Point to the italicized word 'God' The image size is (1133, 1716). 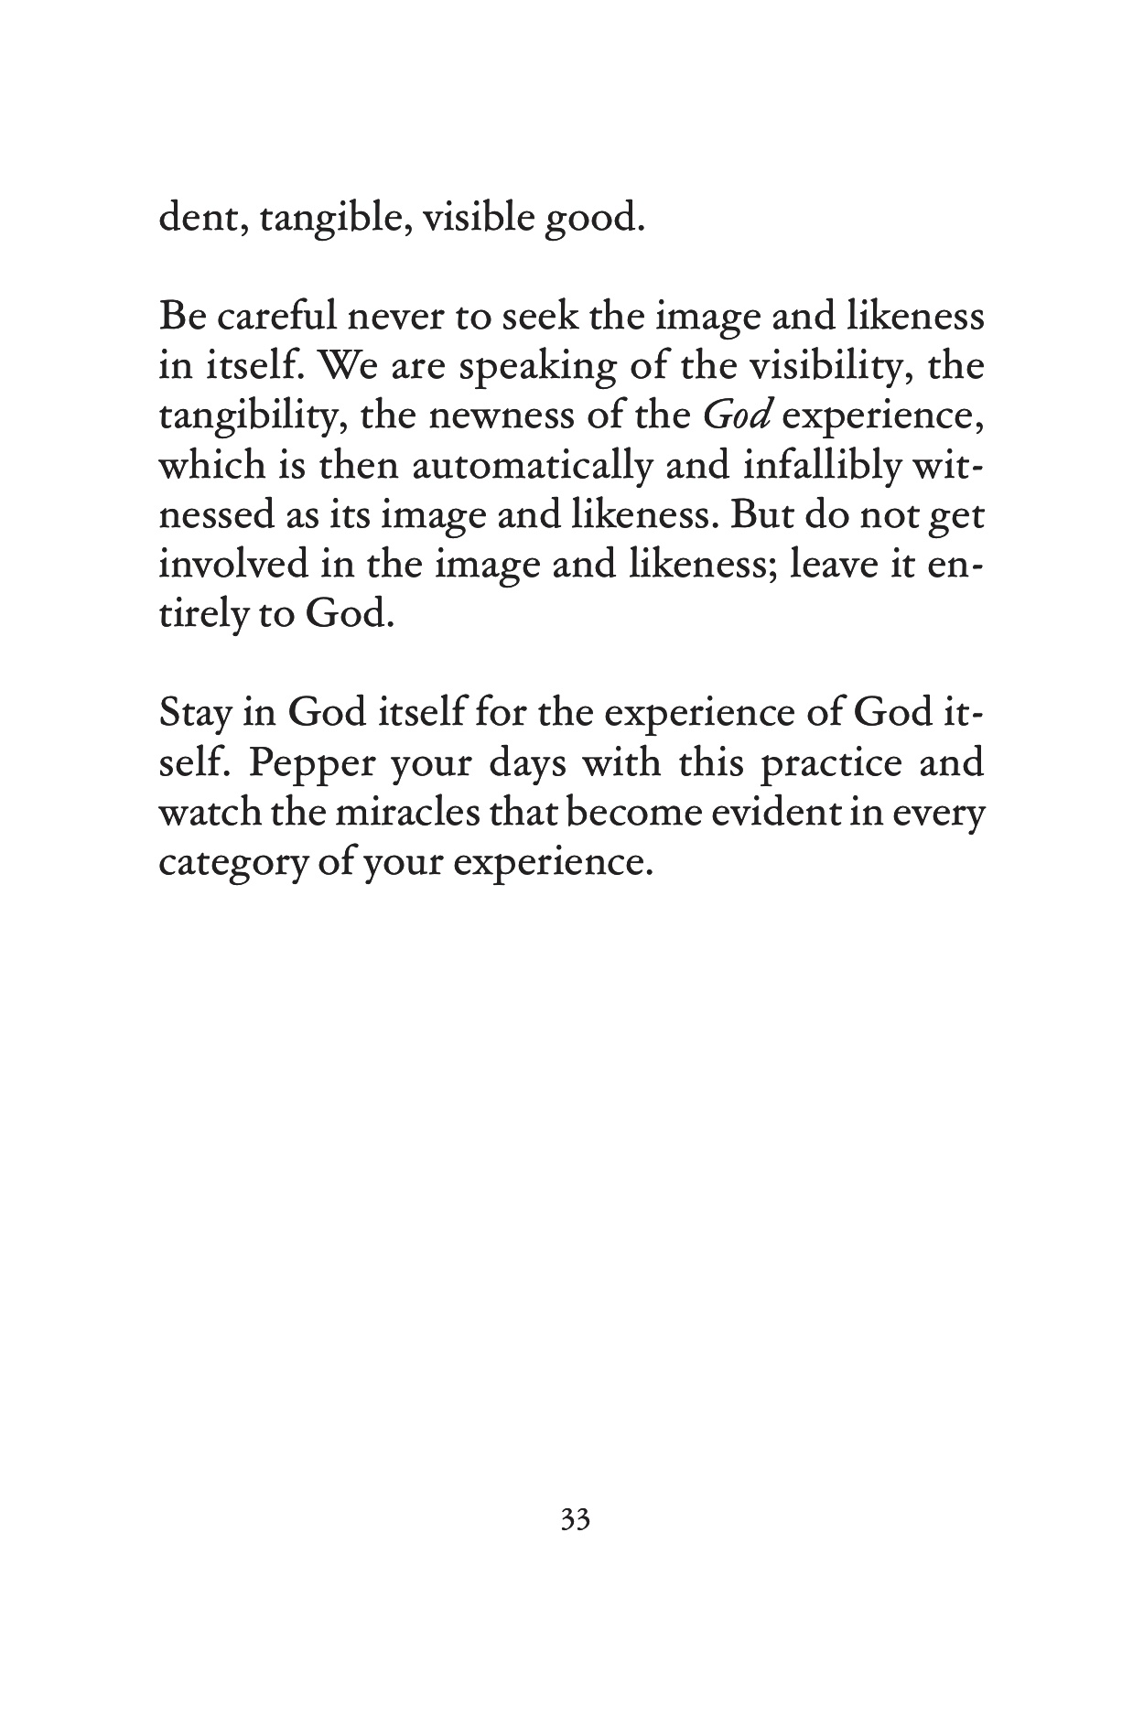point(739,416)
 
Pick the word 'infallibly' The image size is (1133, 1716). point(817,466)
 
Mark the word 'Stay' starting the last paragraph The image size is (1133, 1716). point(194,715)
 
